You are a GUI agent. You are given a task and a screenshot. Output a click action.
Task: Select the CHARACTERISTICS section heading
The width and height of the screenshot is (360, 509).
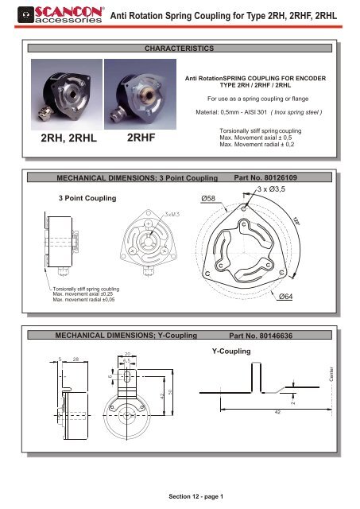pyautogui.click(x=179, y=49)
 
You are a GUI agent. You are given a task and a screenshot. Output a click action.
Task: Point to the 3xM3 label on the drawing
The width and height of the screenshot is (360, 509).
pyautogui.click(x=173, y=215)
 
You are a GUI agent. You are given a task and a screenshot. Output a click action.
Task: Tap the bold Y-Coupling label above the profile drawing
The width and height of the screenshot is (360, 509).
pyautogui.click(x=232, y=350)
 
